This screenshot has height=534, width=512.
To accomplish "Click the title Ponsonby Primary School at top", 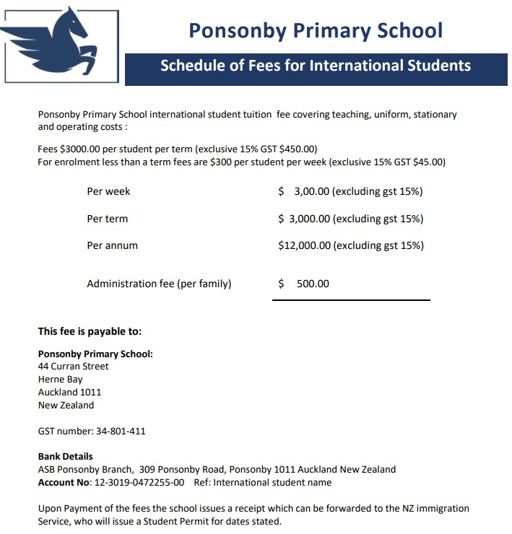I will (x=316, y=30).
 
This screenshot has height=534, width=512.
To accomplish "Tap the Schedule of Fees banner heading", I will (x=315, y=66).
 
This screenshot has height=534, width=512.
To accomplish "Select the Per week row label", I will (x=108, y=191).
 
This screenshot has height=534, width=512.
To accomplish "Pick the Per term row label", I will (x=107, y=219).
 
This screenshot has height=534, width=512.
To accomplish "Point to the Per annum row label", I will (x=112, y=245).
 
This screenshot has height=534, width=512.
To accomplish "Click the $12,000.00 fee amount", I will (x=304, y=245).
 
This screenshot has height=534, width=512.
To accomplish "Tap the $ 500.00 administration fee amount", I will (x=304, y=284).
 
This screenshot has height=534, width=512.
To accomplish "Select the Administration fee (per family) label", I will (x=159, y=284).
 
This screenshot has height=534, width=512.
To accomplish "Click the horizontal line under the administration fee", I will (x=351, y=299).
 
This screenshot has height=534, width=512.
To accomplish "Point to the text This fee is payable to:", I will (x=90, y=332).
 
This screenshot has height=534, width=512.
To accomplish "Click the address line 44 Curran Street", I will (x=73, y=367).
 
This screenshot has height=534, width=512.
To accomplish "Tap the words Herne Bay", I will (x=60, y=380).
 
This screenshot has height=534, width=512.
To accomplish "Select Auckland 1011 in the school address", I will (x=69, y=393).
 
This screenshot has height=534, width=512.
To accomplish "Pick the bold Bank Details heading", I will (x=65, y=457).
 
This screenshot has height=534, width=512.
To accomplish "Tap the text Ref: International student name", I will (x=263, y=482).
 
